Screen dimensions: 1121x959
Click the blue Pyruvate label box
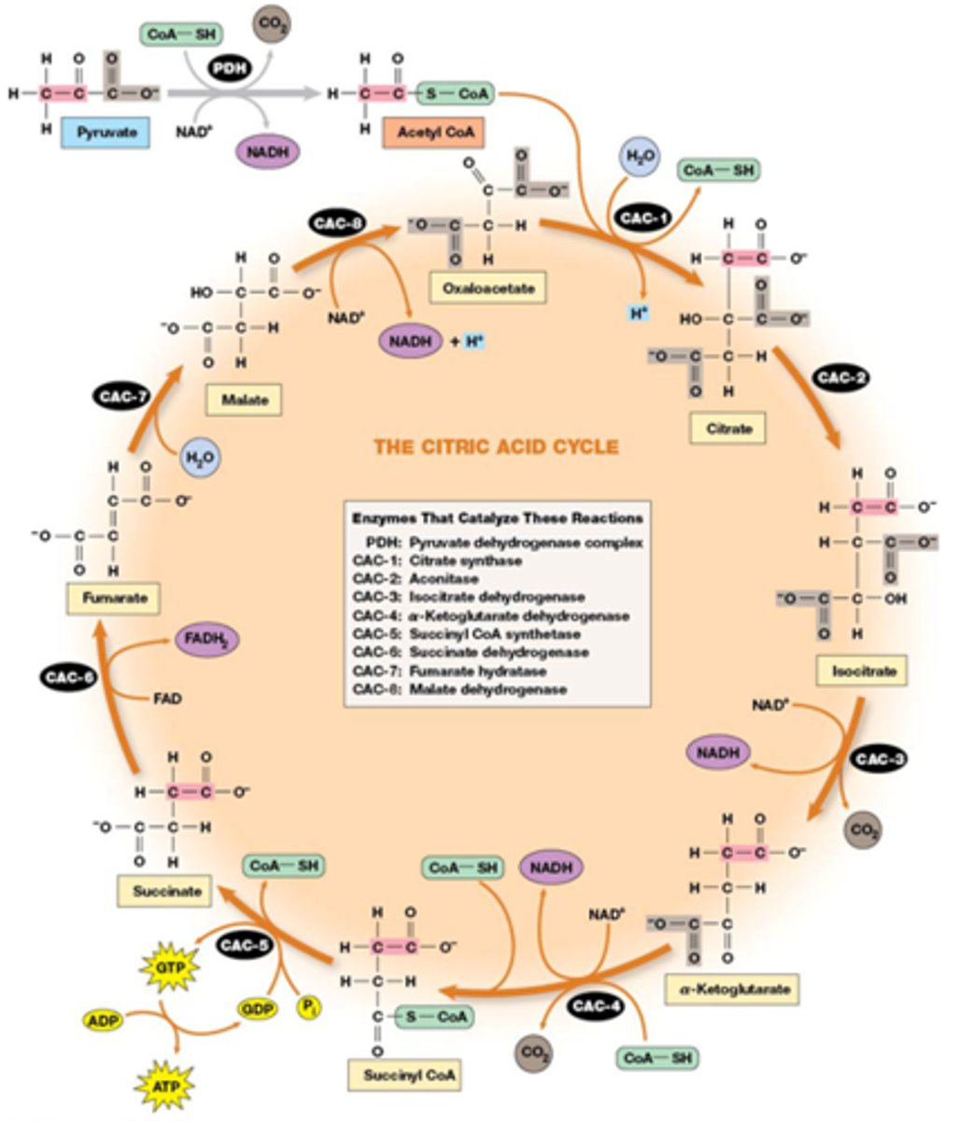(106, 133)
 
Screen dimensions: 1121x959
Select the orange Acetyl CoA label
(434, 133)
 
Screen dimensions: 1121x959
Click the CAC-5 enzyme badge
(244, 945)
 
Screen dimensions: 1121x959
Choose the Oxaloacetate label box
(487, 288)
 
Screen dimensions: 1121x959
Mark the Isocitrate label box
(862, 670)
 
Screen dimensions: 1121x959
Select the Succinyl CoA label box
(404, 1075)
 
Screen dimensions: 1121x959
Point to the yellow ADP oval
(105, 1019)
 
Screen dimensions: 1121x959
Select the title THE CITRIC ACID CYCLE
(496, 447)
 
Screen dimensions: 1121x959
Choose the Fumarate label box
(113, 598)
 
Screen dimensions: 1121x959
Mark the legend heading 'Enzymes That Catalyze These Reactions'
(497, 518)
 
